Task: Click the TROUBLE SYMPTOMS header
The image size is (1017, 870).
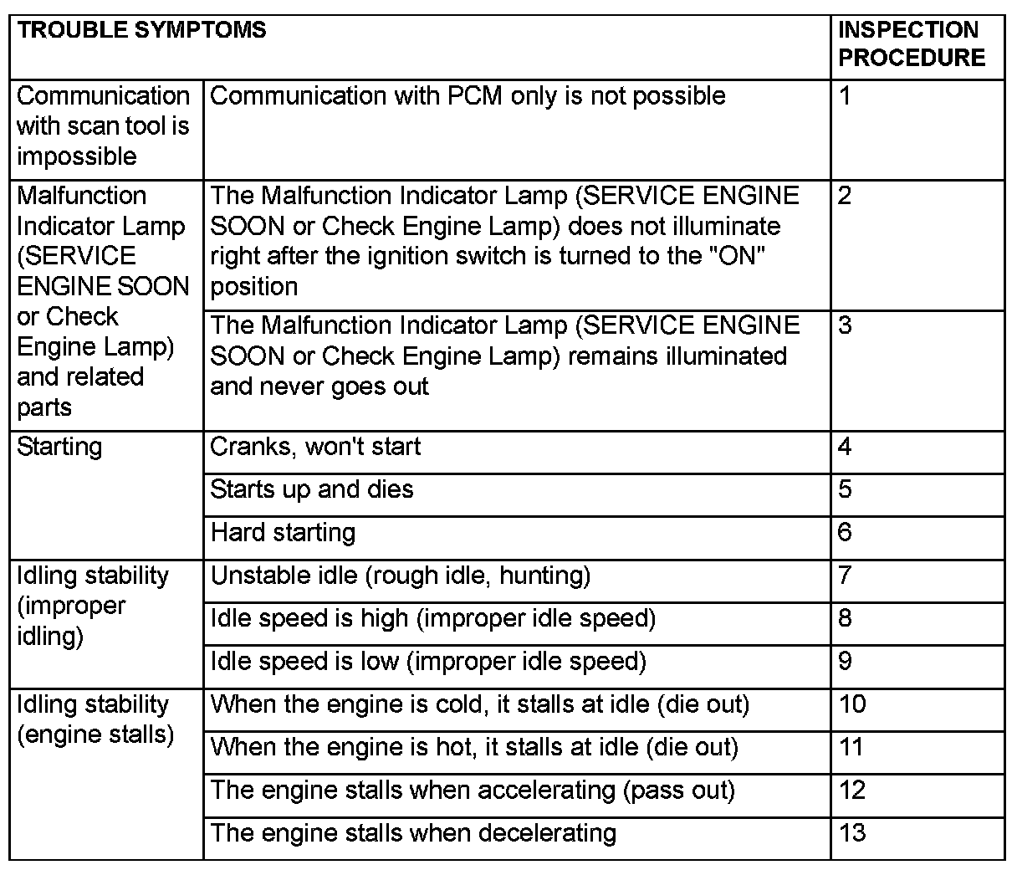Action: point(141,30)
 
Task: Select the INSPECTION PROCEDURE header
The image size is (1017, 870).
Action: point(911,43)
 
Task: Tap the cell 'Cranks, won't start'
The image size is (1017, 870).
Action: point(315,447)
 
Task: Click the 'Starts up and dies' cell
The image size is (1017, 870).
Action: point(312,489)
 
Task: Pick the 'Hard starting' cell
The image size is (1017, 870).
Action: point(283,533)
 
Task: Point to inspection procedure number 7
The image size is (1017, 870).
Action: point(845,576)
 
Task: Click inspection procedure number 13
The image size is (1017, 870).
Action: point(852,833)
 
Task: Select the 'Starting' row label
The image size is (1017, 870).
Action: point(59,447)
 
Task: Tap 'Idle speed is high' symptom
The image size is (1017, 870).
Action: point(432,618)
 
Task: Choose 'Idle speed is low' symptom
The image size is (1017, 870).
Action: point(428,662)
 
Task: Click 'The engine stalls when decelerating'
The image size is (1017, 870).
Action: point(413,833)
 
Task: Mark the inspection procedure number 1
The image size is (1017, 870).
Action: point(845,96)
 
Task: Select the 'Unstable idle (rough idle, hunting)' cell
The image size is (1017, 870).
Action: point(400,576)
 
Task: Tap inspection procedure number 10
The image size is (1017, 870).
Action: point(852,704)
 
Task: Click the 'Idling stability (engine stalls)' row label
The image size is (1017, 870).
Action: point(95,719)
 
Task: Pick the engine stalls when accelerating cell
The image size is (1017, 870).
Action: point(473,790)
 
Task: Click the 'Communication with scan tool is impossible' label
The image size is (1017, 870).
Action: point(103,126)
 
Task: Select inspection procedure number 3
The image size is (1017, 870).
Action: point(845,325)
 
